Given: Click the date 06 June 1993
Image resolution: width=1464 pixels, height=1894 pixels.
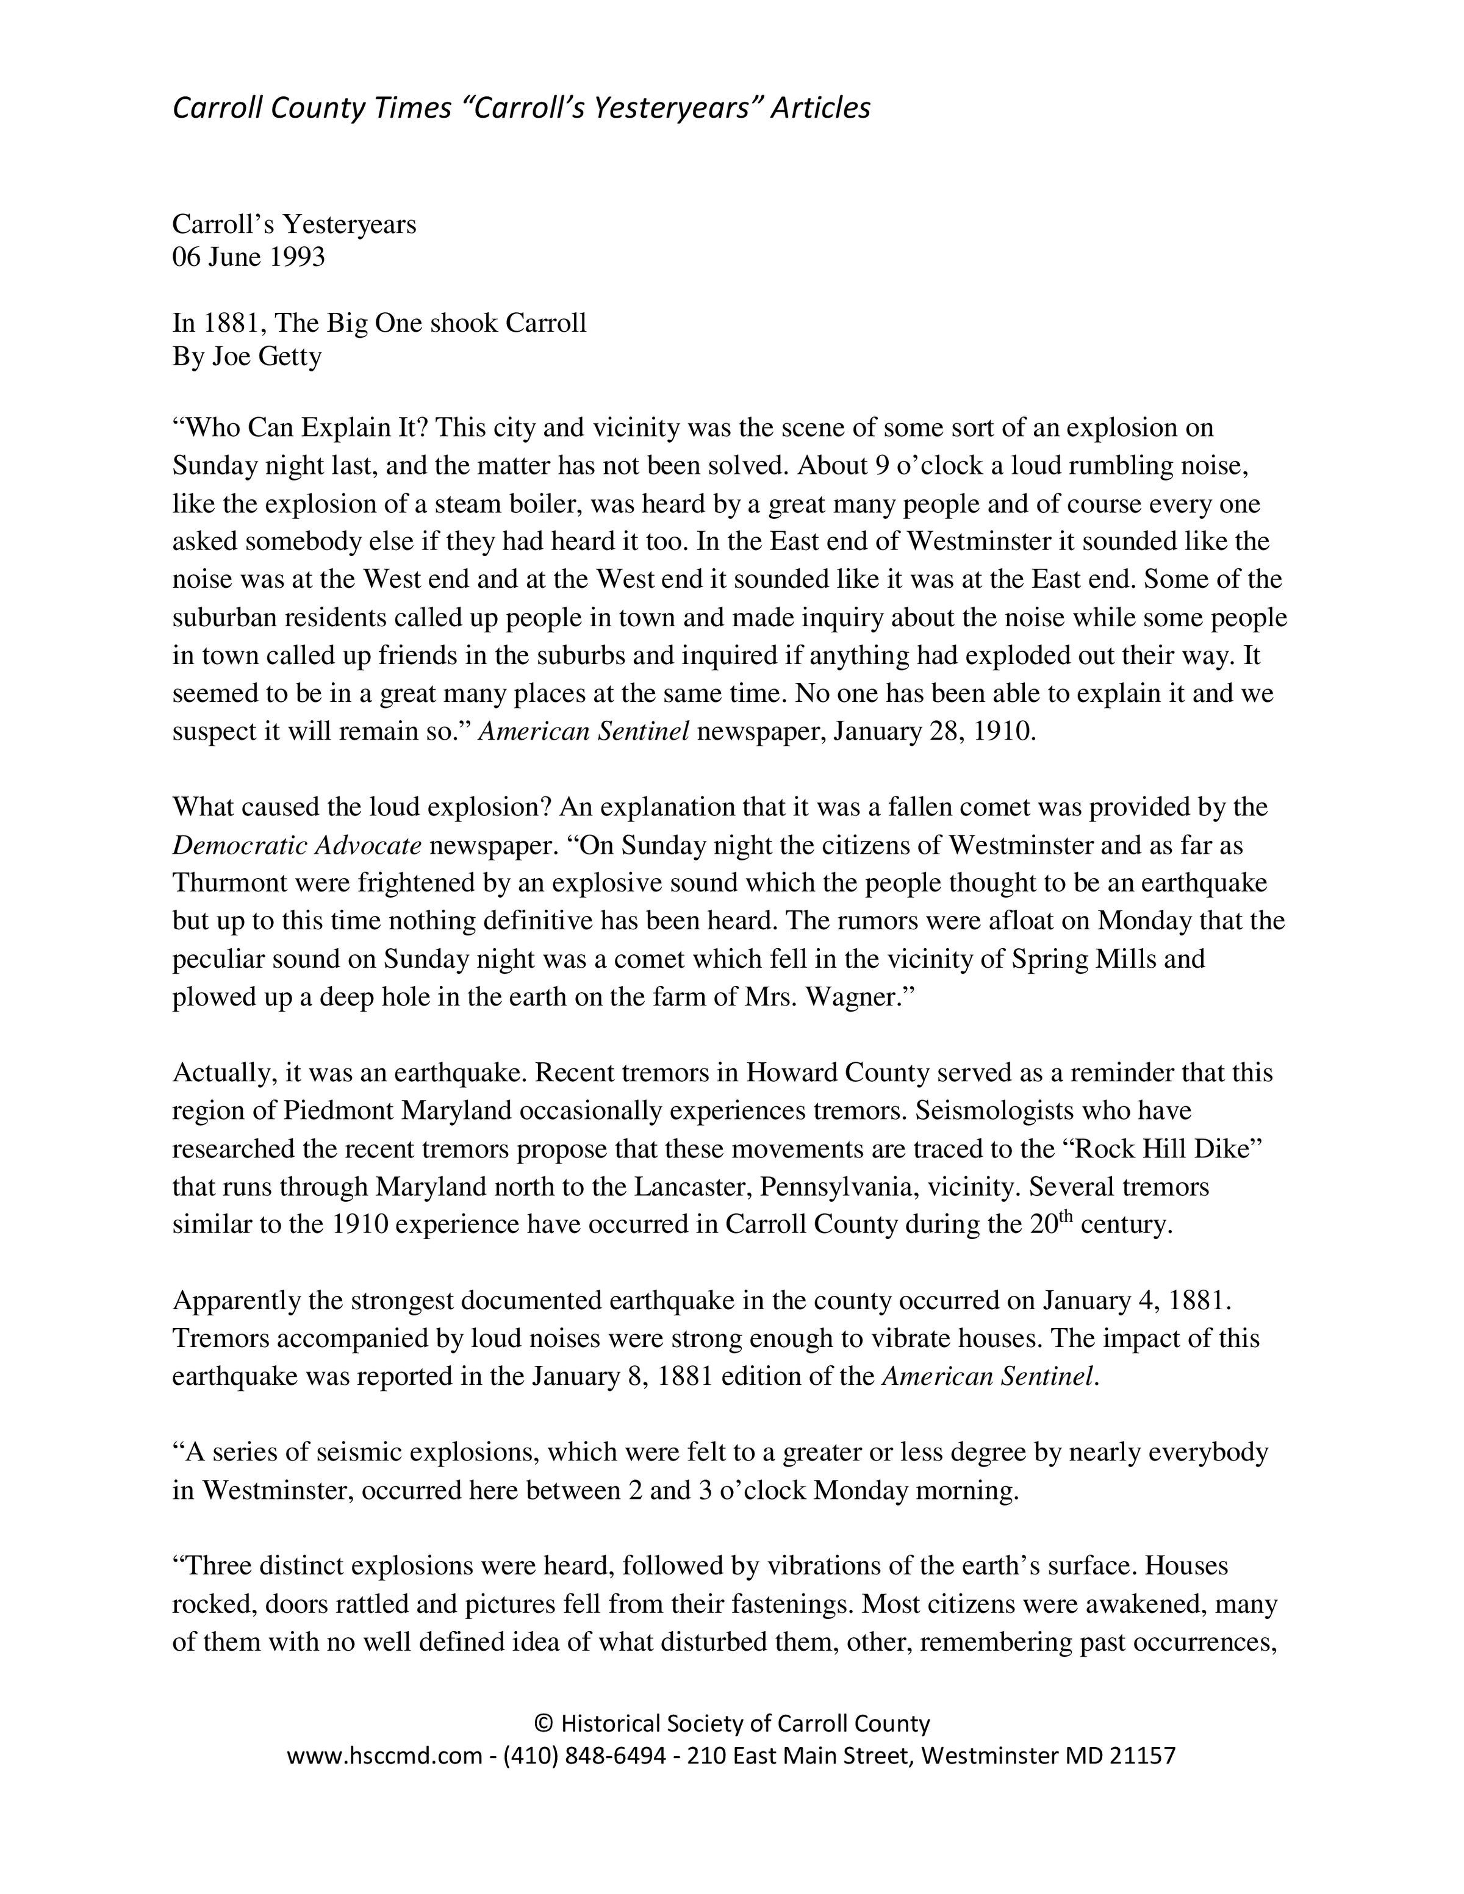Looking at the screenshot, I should [x=248, y=257].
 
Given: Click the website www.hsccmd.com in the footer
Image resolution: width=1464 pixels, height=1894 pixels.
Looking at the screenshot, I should [x=384, y=1756].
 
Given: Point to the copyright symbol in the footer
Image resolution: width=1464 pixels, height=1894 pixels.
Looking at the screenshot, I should [x=543, y=1723].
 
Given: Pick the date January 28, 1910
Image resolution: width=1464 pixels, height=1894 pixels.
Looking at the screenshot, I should [x=934, y=731].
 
